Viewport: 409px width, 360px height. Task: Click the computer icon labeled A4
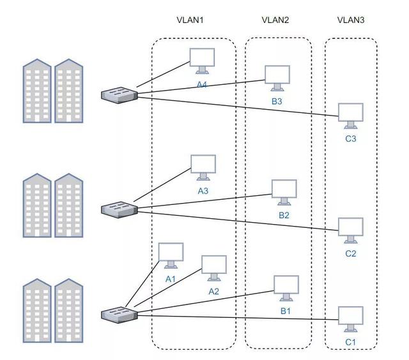202,60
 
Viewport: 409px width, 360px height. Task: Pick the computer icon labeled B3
277,77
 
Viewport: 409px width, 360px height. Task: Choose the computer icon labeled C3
351,115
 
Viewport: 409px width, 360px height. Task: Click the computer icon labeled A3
203,167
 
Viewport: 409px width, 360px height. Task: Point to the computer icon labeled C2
350,230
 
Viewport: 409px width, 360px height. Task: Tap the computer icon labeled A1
171,255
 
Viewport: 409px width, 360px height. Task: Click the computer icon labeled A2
213,267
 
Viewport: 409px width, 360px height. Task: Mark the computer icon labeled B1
286,288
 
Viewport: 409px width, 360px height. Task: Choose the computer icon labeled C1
350,319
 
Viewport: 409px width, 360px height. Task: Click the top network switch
120,95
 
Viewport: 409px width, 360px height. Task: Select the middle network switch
120,208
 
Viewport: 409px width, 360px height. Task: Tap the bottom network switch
120,314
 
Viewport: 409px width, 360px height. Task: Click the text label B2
284,215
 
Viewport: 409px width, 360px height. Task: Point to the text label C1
350,343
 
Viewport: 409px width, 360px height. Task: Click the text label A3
203,190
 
